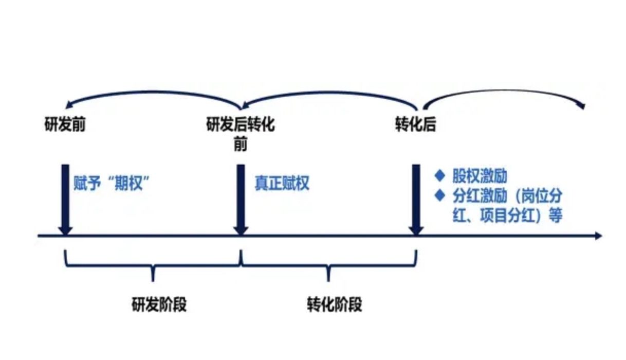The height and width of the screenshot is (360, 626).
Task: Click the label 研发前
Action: tap(65, 125)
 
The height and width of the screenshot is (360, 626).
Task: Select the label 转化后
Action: tap(415, 125)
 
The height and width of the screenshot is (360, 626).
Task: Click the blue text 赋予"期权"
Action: tap(115, 183)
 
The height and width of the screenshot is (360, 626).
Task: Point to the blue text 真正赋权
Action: tap(282, 183)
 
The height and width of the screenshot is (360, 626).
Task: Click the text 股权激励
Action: tap(480, 176)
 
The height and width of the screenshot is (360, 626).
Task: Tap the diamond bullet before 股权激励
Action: tap(439, 176)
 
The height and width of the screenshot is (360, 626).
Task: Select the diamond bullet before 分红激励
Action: tap(439, 195)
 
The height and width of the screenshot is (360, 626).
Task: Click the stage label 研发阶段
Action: tap(159, 304)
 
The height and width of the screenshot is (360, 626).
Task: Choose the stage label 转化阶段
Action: tap(334, 304)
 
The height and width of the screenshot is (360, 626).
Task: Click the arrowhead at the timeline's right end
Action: tap(597, 236)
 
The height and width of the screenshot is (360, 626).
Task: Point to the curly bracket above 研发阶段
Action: tap(153, 265)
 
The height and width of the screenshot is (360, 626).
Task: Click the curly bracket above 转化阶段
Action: tap(328, 265)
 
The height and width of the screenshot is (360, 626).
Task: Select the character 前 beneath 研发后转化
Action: tap(240, 145)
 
